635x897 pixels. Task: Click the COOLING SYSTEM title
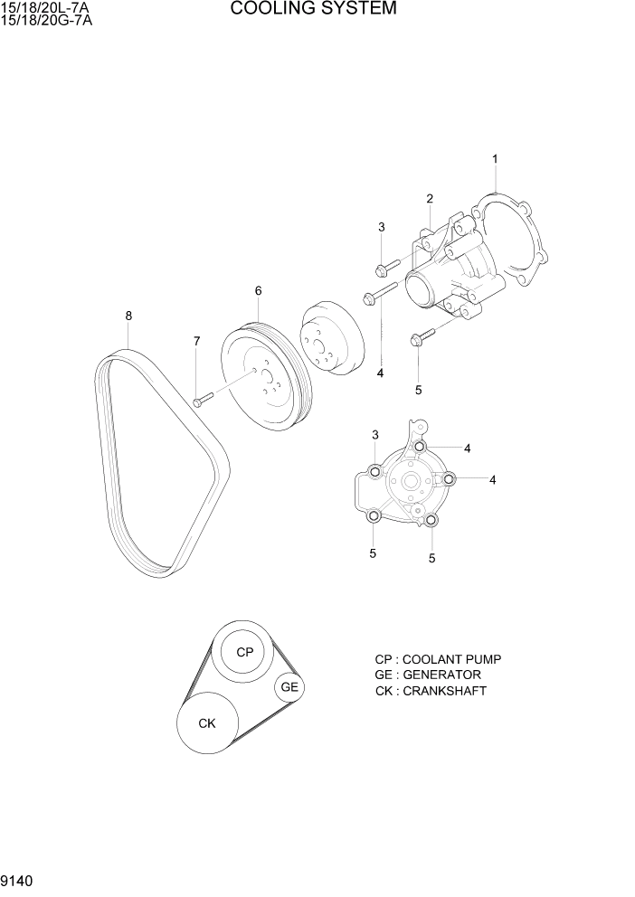coord(313,9)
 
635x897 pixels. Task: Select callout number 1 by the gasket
coord(495,159)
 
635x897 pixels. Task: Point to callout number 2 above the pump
coord(430,199)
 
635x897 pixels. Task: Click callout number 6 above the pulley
coord(258,291)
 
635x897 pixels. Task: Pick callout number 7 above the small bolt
coord(195,341)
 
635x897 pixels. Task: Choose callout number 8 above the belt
coord(128,316)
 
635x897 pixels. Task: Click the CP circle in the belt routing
coord(244,652)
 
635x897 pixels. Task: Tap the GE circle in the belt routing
coord(289,687)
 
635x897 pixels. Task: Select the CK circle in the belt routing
coord(207,722)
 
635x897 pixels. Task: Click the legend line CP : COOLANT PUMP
coord(437,659)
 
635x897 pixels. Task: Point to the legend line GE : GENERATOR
coord(427,675)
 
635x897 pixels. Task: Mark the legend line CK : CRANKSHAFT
coord(431,691)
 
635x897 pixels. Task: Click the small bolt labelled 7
coord(201,398)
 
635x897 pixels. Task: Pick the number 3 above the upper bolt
coord(382,227)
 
